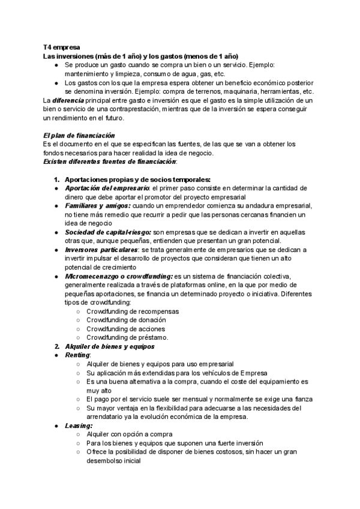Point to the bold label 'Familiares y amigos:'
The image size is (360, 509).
97,205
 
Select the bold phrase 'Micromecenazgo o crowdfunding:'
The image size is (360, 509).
119,276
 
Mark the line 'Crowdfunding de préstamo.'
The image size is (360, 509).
127,337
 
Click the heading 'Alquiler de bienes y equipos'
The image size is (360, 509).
110,346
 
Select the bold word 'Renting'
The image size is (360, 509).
77,355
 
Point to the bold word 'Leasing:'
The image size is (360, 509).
78,426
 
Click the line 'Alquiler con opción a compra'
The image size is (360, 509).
130,434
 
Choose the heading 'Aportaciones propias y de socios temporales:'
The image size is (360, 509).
137,179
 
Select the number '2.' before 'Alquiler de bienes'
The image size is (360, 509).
57,346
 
